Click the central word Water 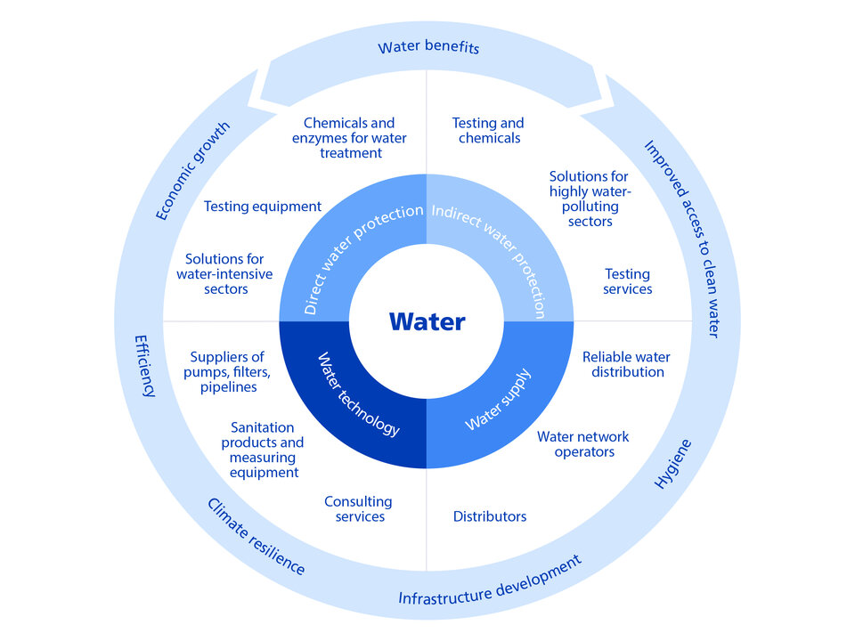427,320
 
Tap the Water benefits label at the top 428,47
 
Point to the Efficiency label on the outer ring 145,366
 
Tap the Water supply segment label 498,399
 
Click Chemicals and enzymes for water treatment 349,138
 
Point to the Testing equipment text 262,207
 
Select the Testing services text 627,281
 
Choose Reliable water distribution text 626,364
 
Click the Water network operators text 582,444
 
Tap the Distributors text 490,516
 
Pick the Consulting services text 358,509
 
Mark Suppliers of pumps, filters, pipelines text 227,372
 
